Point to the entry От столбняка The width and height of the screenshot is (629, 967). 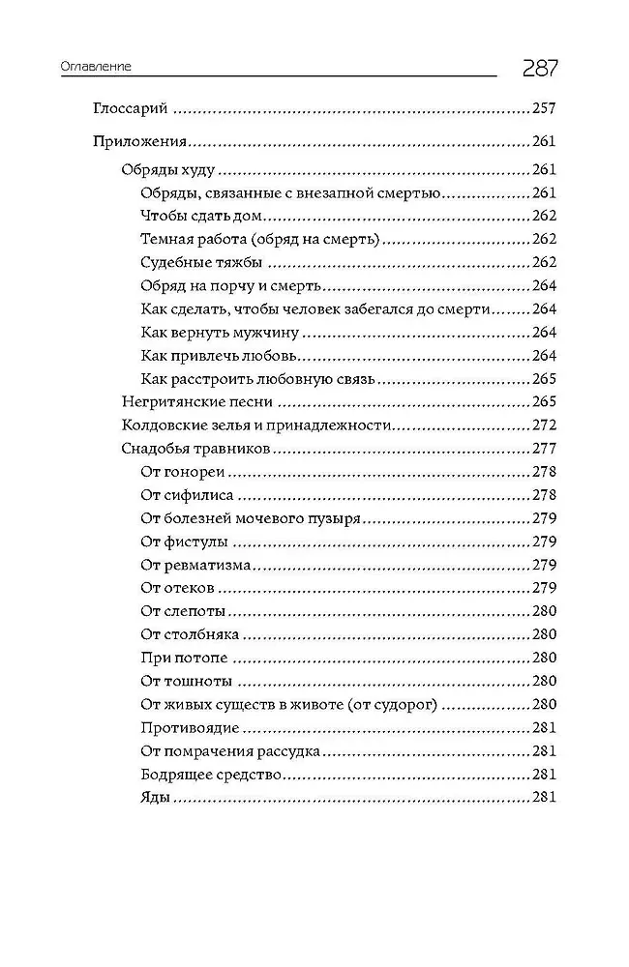[x=190, y=635]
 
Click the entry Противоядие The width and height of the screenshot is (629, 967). [x=189, y=728]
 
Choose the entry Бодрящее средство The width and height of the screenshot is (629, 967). [x=210, y=775]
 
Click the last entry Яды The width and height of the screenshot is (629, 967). [x=155, y=798]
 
